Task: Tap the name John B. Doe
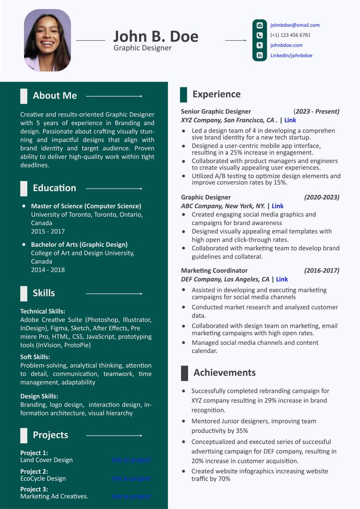156,36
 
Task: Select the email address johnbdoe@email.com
295,25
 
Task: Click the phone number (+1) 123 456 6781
290,35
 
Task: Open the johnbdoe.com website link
286,45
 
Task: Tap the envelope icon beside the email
260,25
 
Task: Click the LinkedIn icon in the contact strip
260,56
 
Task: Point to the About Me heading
55,95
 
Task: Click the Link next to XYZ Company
290,120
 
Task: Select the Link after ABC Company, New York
277,206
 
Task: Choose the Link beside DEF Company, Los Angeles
282,279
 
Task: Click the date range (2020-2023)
322,197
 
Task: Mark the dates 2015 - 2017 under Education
48,231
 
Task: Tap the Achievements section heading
224,373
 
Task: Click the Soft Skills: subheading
35,357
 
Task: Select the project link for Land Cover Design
131,460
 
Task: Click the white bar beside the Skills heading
24,293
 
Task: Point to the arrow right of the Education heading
114,189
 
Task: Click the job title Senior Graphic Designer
216,111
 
